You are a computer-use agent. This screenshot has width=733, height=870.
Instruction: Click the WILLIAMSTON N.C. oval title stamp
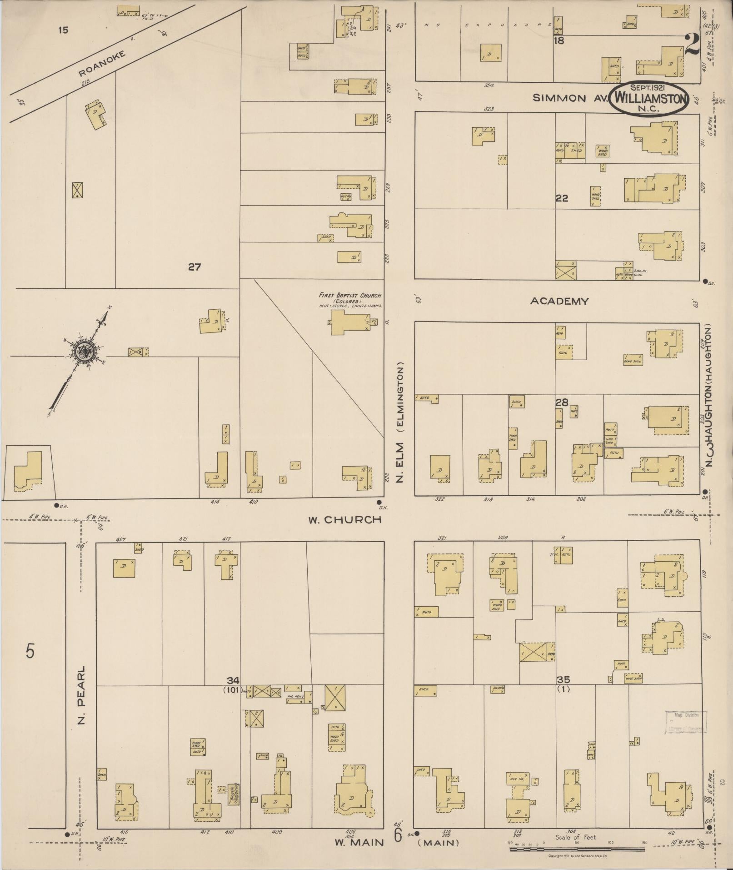pos(648,99)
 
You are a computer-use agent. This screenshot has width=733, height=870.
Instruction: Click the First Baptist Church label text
pos(349,296)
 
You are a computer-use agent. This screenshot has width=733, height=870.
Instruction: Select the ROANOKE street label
pos(101,64)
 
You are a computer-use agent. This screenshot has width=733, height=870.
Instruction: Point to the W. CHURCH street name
pos(344,519)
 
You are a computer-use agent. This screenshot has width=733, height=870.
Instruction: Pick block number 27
pos(194,267)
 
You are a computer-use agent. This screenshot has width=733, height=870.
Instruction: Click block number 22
pos(562,198)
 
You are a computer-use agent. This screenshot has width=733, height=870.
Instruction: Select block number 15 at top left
pos(63,30)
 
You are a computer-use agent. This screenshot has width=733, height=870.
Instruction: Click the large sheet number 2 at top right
pos(691,44)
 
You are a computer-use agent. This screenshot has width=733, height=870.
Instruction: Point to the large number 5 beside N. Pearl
pos(30,652)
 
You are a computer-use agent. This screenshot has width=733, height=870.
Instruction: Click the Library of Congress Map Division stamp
pos(686,723)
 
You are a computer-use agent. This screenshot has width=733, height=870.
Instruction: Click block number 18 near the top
pos(559,41)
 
